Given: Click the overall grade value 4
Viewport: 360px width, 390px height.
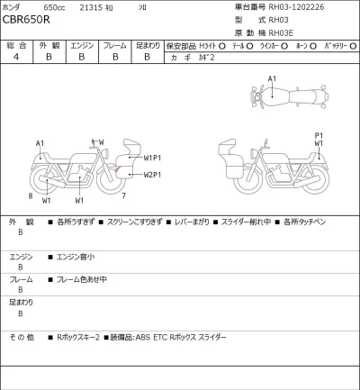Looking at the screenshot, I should click(14, 56).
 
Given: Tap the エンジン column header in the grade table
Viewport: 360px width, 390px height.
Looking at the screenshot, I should click(80, 43).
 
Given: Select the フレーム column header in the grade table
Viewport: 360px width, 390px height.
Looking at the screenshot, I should click(114, 43).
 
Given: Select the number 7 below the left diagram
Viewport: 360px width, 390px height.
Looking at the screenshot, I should click(123, 195).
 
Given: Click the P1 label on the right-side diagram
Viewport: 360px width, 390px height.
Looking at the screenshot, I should click(318, 135).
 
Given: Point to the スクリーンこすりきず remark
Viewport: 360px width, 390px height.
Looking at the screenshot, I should click(140, 221).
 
